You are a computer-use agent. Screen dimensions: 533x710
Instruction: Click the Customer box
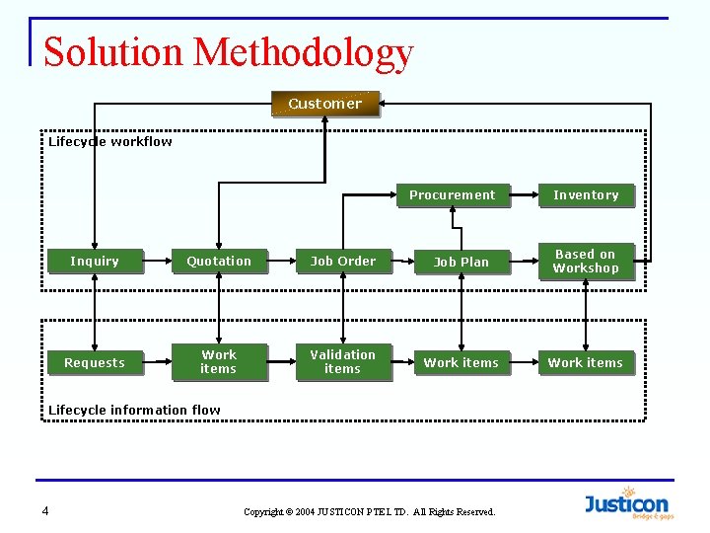pos(325,104)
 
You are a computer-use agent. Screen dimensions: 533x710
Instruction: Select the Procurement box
pos(453,195)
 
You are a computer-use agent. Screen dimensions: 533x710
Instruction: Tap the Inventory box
pos(586,195)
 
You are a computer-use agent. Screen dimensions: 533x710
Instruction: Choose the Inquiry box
pos(95,262)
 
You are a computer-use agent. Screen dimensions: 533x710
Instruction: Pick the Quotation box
pos(219,262)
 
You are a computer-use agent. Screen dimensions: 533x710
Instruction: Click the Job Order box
pos(343,262)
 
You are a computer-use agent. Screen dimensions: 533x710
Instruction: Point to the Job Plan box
pos(461,263)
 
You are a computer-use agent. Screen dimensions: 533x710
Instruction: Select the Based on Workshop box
pos(586,262)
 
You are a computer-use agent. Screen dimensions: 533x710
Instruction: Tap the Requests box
pos(95,363)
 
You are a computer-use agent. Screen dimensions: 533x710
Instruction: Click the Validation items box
pos(343,362)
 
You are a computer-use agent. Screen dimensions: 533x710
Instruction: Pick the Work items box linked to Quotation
pos(219,362)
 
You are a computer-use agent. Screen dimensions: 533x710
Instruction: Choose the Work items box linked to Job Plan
pos(461,363)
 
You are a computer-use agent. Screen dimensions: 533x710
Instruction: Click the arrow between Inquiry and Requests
pos(95,311)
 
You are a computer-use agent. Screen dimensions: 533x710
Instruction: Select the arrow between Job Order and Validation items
pos(343,311)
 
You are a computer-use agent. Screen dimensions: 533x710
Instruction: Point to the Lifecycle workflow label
pos(110,142)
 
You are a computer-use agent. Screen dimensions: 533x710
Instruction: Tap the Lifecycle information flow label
pos(135,411)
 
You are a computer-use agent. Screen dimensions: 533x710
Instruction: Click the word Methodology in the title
pos(304,52)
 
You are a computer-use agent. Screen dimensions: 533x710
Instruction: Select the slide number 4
pos(45,510)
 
